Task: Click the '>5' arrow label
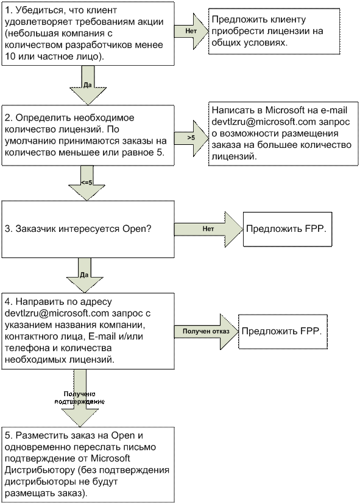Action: [x=191, y=138]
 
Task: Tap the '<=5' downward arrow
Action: [x=86, y=183]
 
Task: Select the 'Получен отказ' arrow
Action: [x=206, y=331]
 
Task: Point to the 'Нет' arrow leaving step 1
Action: [x=191, y=31]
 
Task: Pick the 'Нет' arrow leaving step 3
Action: [x=208, y=229]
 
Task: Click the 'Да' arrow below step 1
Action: [x=88, y=85]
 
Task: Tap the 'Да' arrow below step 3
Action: [x=85, y=275]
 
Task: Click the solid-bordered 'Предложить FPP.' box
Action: [x=288, y=229]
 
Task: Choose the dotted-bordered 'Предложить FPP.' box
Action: [x=283, y=332]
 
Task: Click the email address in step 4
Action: [x=57, y=313]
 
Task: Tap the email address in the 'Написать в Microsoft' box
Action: [x=264, y=122]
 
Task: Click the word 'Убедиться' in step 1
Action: [x=35, y=10]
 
